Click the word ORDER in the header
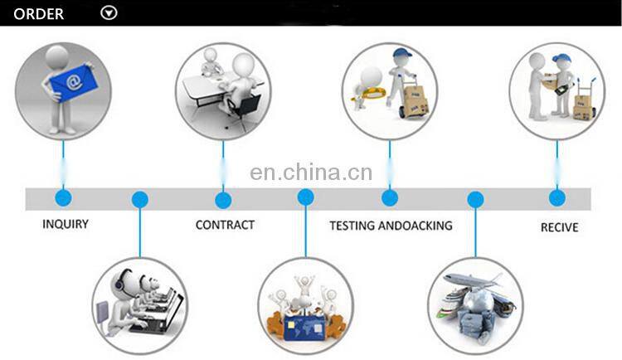[38, 14]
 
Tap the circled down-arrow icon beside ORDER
[109, 12]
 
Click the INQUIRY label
[66, 224]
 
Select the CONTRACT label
[225, 225]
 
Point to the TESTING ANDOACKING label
[391, 226]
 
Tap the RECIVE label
[559, 227]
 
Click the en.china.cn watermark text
[311, 173]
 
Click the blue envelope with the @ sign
[72, 82]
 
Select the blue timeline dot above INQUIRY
[64, 197]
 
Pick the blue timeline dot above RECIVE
[557, 198]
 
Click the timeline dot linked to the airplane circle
[475, 200]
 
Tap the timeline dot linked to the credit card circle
[305, 197]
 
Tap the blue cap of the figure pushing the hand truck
[402, 53]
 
